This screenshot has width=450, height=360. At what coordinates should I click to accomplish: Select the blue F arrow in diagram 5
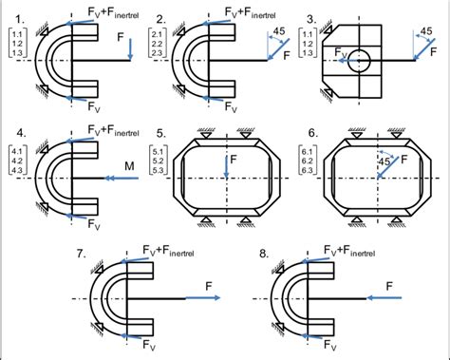point(228,166)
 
